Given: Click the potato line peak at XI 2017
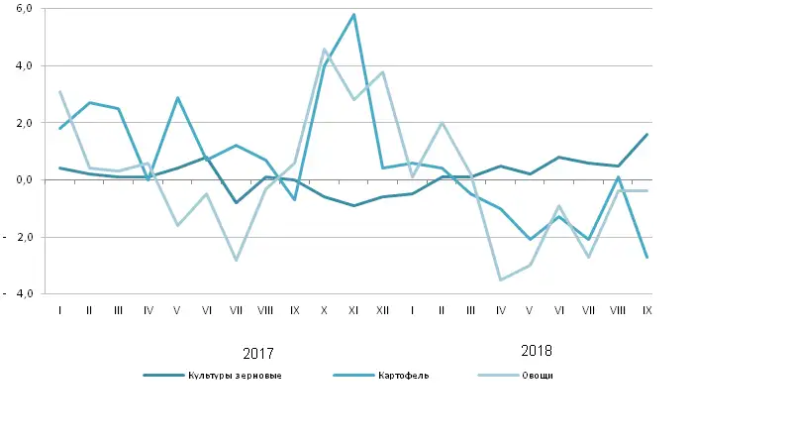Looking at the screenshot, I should [353, 15].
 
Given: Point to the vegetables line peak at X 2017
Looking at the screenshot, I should [325, 50].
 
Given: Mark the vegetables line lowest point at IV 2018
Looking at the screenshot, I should [501, 279].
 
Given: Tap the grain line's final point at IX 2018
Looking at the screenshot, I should [647, 134].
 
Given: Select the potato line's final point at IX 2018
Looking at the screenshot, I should [647, 258].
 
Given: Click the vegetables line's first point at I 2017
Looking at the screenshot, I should [60, 92].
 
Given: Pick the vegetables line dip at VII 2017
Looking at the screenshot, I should [237, 260].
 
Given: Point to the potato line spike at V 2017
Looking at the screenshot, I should [177, 98].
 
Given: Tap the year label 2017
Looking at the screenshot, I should [258, 353].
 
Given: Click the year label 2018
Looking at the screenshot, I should [536, 351].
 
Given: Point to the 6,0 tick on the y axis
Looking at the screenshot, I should [25, 8].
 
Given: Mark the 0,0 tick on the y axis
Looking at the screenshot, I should [25, 180].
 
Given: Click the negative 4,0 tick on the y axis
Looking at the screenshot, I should [19, 294].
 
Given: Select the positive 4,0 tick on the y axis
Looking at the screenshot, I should [25, 65].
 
